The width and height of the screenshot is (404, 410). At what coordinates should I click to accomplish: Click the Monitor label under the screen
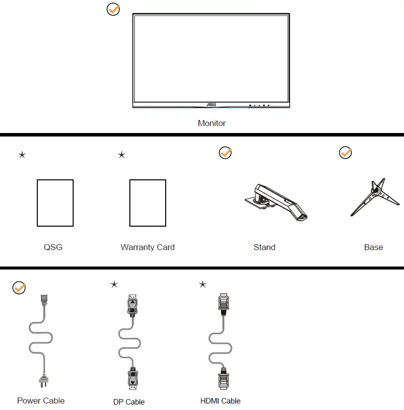pos(211,123)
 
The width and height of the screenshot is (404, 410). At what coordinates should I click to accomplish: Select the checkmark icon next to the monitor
pos(113,9)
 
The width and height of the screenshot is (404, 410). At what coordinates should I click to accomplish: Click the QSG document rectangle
pos(55,203)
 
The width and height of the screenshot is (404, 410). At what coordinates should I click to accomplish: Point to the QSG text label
pos(53,247)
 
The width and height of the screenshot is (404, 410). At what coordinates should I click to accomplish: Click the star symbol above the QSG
pos(22,155)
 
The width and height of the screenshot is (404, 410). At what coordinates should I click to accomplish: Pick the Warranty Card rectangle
pos(147,203)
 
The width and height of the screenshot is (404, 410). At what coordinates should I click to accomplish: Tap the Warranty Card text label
pos(147,247)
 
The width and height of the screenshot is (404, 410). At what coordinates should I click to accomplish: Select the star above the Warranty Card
pos(121,155)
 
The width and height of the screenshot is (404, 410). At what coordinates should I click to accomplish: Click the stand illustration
pos(276,202)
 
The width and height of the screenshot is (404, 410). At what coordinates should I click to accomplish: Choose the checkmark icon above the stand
pos(225,153)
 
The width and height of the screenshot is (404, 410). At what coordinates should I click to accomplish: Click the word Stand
pos(264,247)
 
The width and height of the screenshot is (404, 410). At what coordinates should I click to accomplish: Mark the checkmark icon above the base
pos(345,153)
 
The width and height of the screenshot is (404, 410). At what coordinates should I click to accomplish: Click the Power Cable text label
pos(41,401)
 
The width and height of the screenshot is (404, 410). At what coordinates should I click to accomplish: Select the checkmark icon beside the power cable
pos(19,288)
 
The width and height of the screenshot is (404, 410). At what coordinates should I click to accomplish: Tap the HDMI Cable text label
pos(220,401)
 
